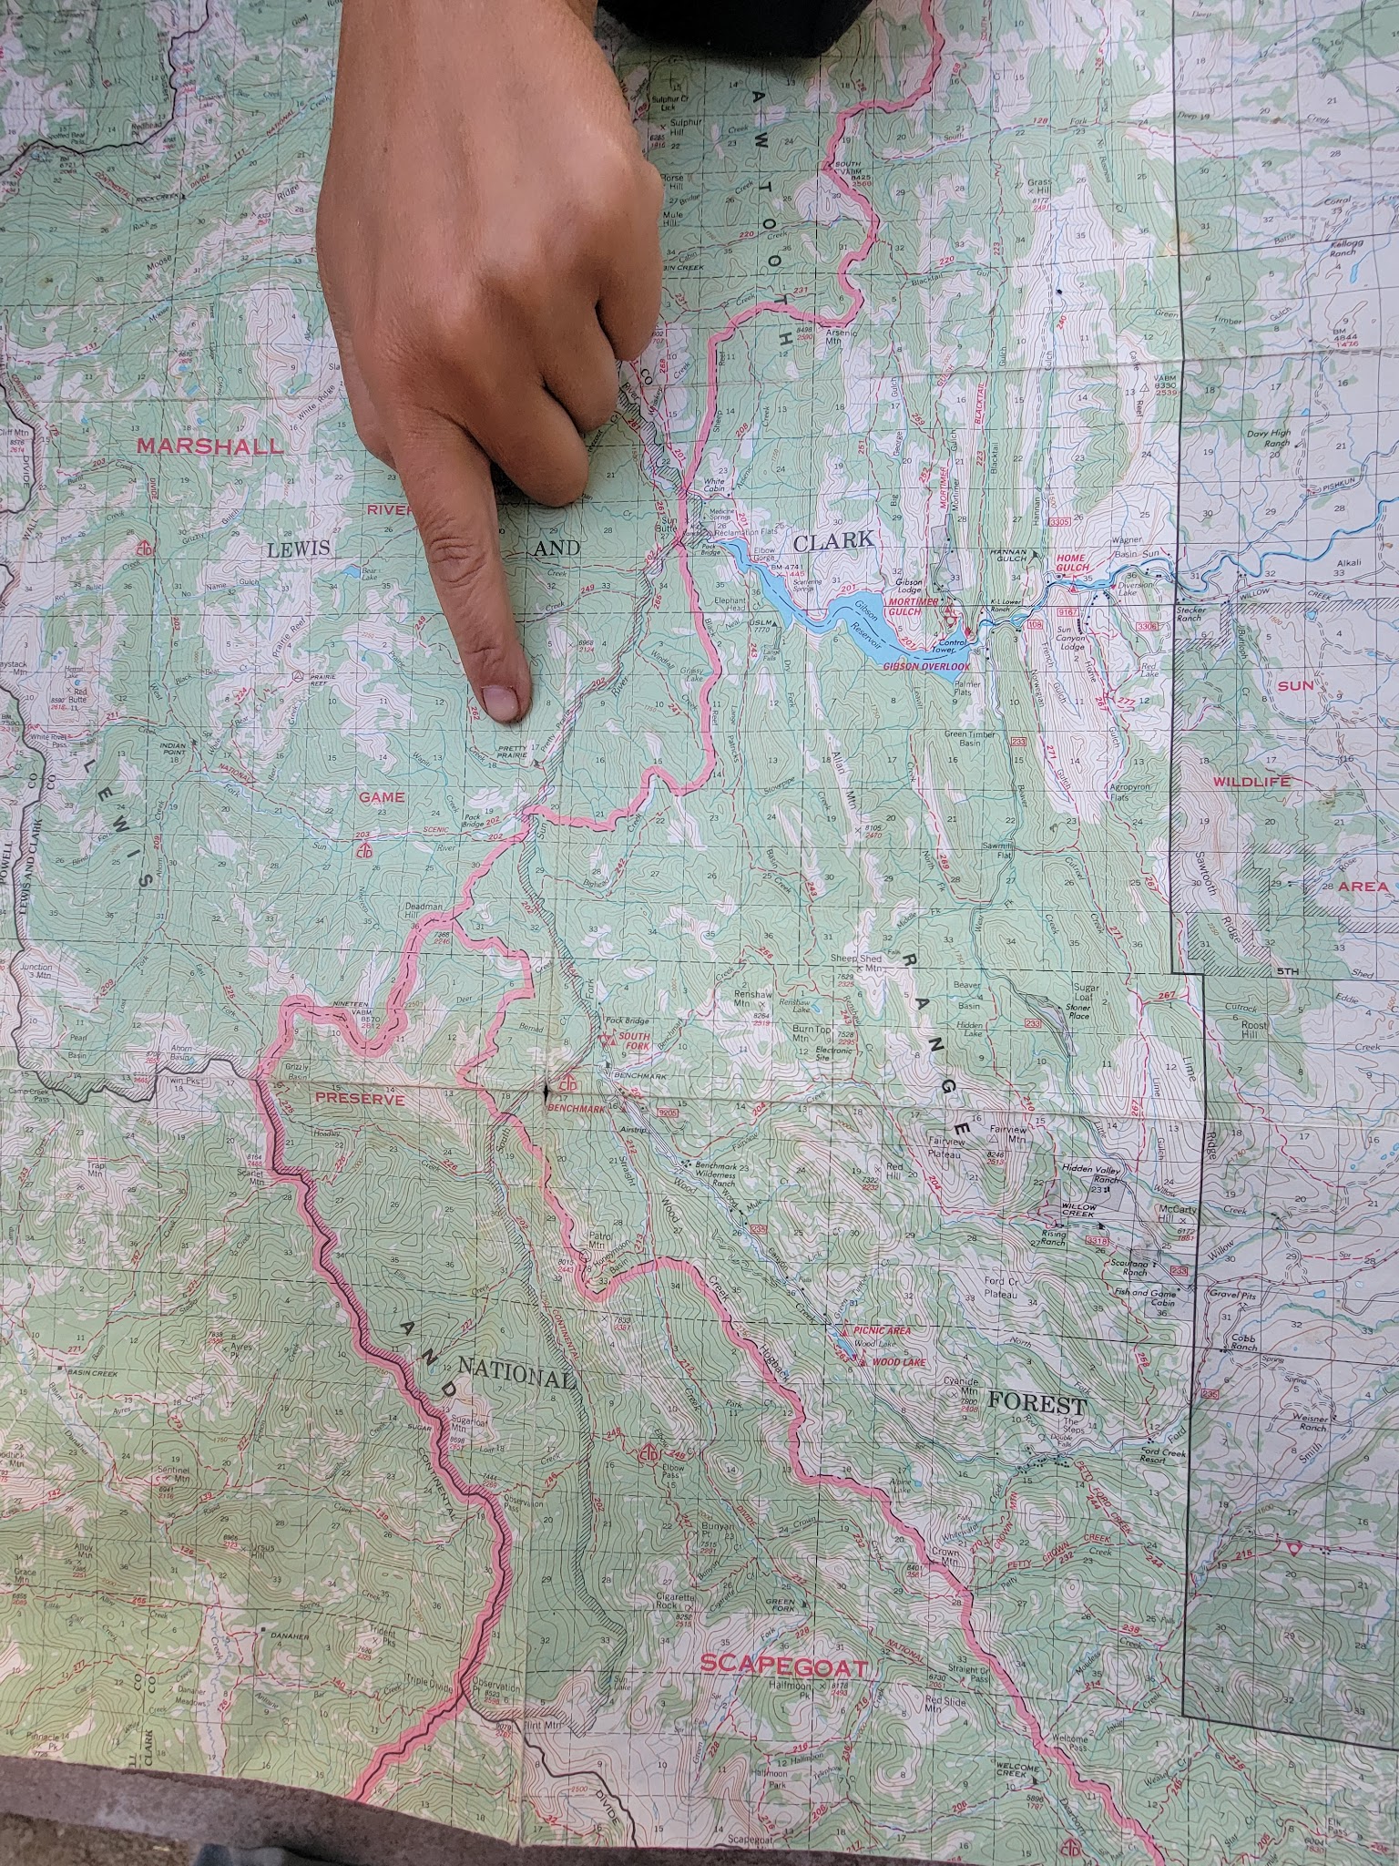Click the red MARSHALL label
(x=209, y=446)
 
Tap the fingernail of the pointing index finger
(x=499, y=700)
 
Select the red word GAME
(x=381, y=797)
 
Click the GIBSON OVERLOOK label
(x=924, y=667)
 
